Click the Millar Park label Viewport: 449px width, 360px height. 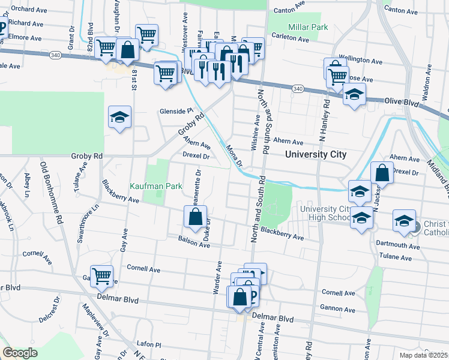coord(307,27)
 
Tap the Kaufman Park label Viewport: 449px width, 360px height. coord(157,186)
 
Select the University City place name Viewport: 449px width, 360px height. coord(316,154)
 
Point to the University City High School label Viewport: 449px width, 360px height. coord(325,213)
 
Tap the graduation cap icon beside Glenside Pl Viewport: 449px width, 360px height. coord(119,117)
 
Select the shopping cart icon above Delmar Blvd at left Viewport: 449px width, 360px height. coord(101,276)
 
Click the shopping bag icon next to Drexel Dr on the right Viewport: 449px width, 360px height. coord(382,173)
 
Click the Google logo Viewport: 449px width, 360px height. coord(20,353)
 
